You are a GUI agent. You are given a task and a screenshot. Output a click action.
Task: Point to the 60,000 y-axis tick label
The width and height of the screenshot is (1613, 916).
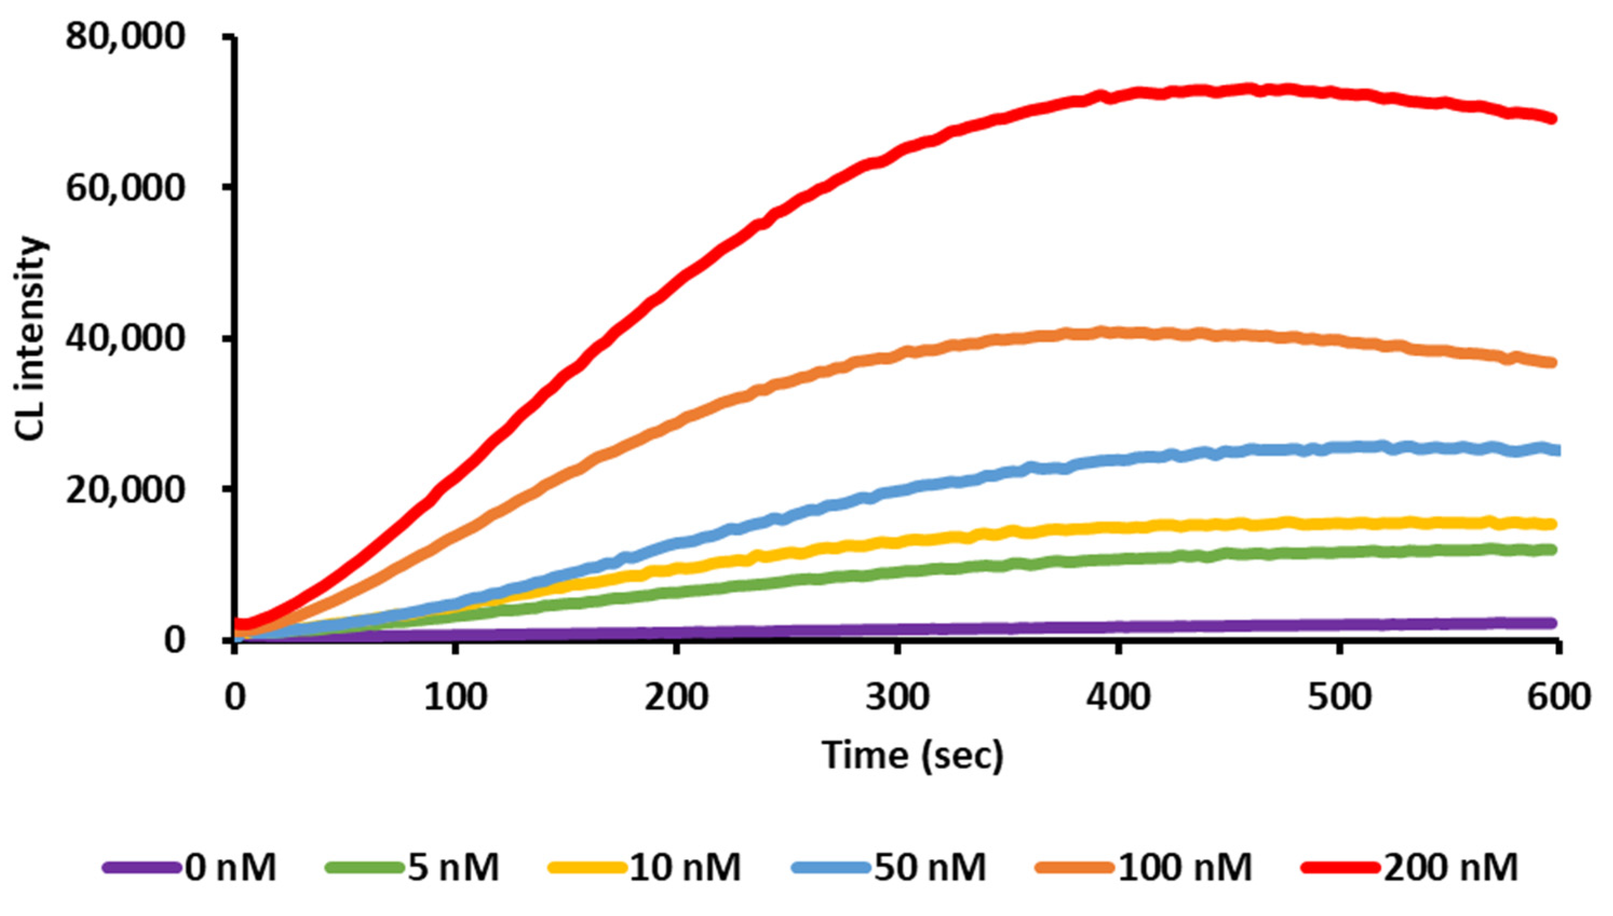(x=126, y=188)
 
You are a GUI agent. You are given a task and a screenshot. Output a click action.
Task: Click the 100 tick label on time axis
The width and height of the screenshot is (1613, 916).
(x=455, y=698)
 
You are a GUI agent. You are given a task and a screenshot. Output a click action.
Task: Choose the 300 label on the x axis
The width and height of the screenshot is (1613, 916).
(x=897, y=698)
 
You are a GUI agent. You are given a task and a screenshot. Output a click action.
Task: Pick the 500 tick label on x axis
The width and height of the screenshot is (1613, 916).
(x=1339, y=698)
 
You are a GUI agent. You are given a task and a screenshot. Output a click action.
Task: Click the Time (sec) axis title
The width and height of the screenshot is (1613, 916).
(x=912, y=755)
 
